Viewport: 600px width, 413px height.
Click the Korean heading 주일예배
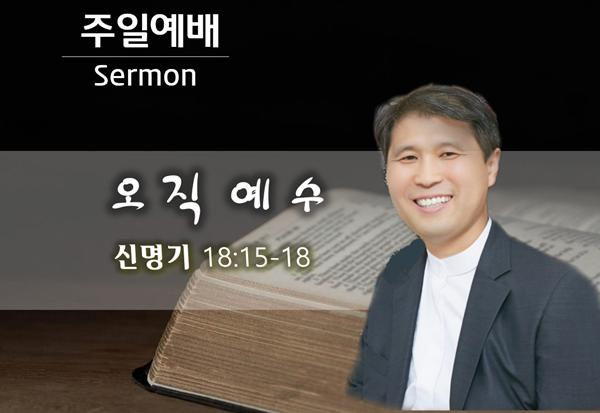[150, 31]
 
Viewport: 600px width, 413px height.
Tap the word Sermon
[145, 75]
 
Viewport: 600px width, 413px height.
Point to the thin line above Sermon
[145, 57]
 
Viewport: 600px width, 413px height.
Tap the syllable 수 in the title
[307, 195]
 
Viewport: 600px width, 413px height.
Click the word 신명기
[152, 257]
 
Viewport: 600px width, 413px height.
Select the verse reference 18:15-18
[257, 257]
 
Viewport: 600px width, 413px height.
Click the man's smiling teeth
[433, 201]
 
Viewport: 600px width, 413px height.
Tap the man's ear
[492, 167]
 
